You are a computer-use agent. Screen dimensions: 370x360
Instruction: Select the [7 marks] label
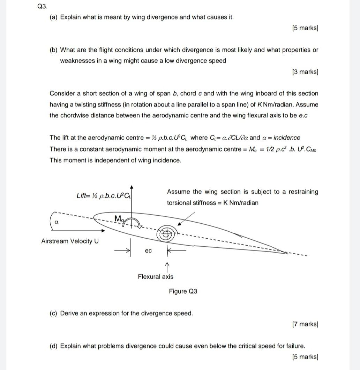(305, 324)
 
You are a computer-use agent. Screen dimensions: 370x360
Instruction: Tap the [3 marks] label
(305, 72)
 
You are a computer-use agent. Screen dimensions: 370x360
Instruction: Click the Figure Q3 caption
(183, 291)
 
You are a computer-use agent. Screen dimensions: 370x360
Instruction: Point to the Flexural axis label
(155, 277)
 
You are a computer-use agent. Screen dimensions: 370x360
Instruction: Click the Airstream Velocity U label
(70, 241)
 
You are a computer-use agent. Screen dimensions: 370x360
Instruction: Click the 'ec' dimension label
(148, 250)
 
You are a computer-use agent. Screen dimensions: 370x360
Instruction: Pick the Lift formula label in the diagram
(104, 195)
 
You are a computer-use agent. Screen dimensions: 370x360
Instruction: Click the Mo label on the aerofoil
(119, 218)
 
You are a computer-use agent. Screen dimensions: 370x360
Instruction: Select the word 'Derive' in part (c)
(68, 313)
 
